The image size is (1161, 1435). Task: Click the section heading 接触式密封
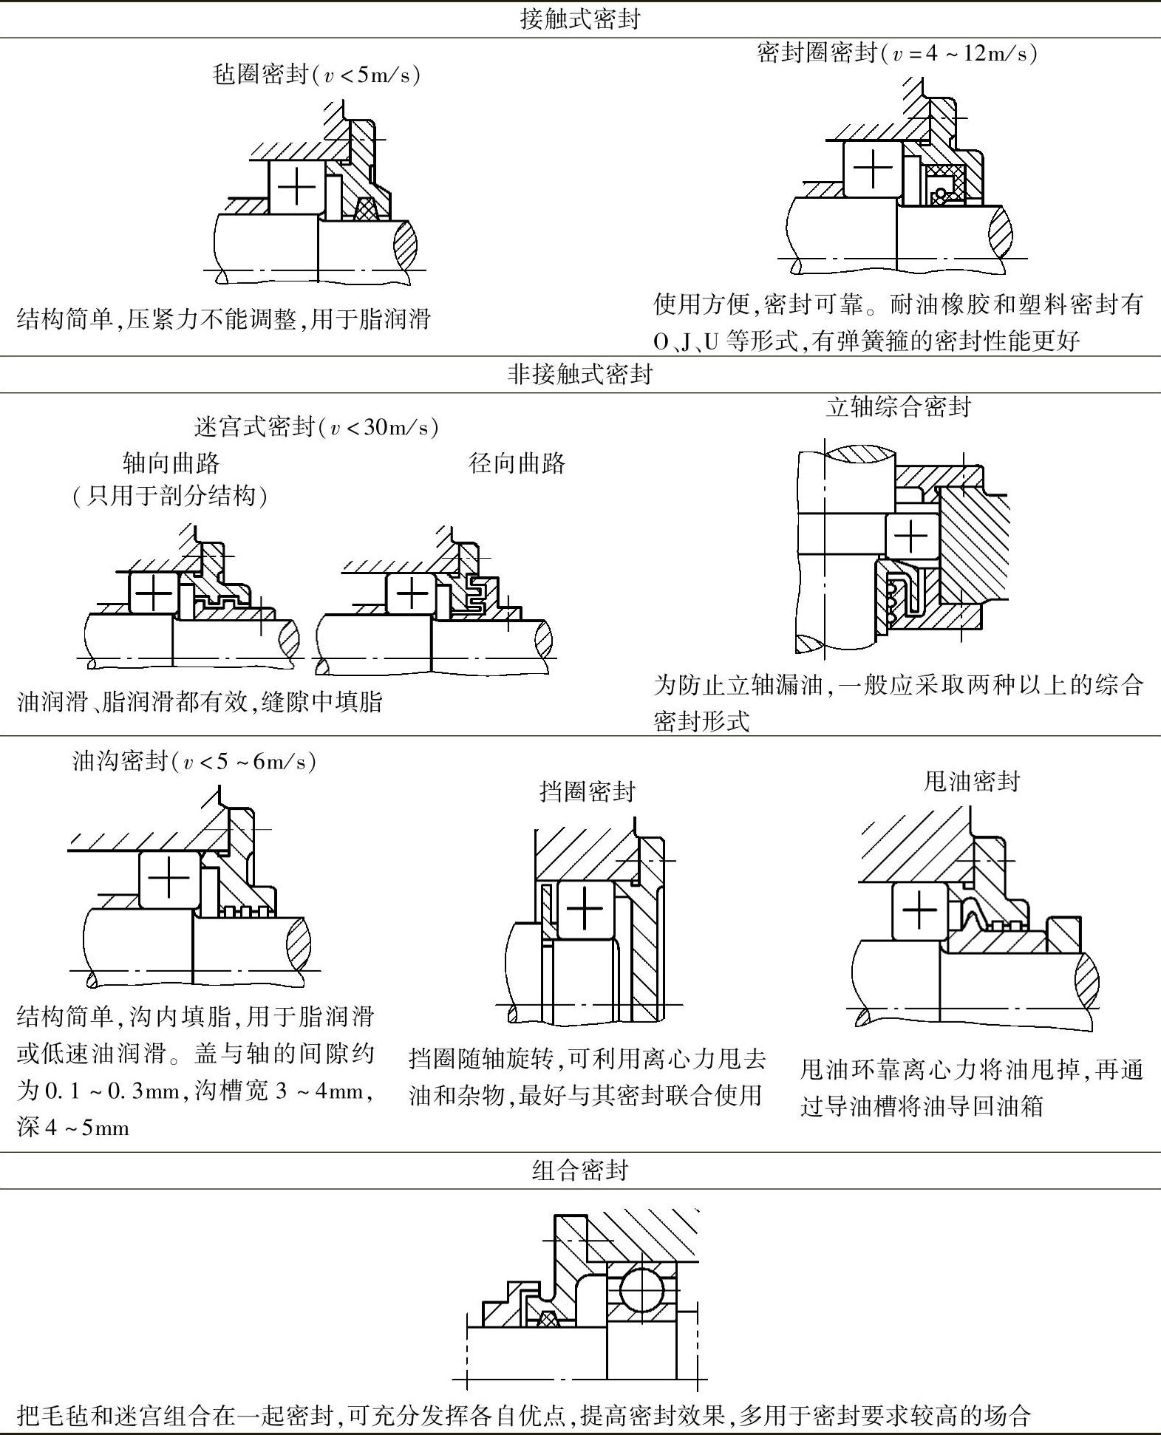(x=579, y=19)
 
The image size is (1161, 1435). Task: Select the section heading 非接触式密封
(x=579, y=375)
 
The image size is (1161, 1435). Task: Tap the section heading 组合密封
(x=579, y=1170)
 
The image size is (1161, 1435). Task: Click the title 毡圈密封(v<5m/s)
(x=316, y=75)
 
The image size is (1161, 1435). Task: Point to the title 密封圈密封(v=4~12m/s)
(x=896, y=53)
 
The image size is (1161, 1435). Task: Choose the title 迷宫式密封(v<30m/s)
(x=316, y=427)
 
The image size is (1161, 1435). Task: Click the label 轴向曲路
(x=171, y=463)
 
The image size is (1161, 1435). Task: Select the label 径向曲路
(x=517, y=463)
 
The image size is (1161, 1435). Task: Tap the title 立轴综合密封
(x=898, y=406)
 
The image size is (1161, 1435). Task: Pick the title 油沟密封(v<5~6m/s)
(x=194, y=761)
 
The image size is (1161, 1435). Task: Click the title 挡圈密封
(x=588, y=791)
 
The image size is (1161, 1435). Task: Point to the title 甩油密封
(x=972, y=781)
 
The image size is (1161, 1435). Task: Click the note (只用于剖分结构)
(x=170, y=495)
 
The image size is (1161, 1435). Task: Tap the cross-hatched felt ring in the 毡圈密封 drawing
(x=366, y=209)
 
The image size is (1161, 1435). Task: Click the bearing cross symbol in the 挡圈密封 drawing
(x=585, y=910)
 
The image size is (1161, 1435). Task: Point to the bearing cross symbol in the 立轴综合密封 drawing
(x=911, y=535)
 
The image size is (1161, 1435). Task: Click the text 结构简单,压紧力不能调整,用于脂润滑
(x=224, y=319)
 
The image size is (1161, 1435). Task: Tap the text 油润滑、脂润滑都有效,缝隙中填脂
(x=200, y=701)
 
